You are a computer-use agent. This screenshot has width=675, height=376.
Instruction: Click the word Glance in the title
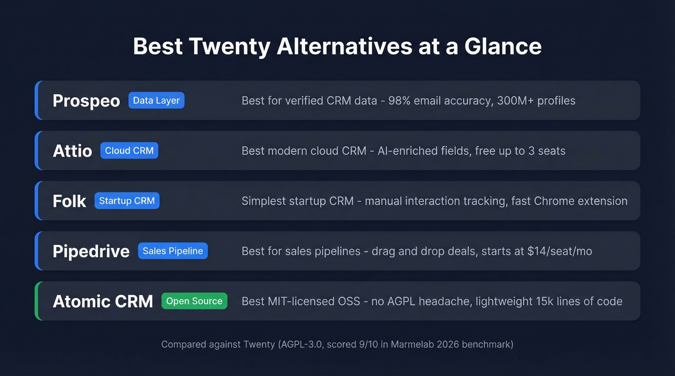503,46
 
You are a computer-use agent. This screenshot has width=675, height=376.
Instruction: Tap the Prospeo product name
86,101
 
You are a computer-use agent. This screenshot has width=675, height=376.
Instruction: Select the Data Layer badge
156,101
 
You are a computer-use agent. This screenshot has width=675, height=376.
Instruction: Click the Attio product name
72,151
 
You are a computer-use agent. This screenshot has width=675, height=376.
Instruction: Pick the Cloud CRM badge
129,151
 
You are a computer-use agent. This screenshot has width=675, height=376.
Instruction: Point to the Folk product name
69,201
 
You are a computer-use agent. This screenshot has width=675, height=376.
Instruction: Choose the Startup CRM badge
127,201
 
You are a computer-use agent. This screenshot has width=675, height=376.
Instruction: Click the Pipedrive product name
91,251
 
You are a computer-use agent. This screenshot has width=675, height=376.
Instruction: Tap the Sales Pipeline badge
173,251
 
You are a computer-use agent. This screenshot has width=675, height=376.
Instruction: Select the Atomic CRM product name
103,301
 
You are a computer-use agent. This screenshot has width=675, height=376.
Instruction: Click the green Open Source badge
194,301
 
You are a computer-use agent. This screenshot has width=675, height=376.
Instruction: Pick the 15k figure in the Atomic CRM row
546,301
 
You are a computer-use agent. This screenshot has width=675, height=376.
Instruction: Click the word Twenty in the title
229,46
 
